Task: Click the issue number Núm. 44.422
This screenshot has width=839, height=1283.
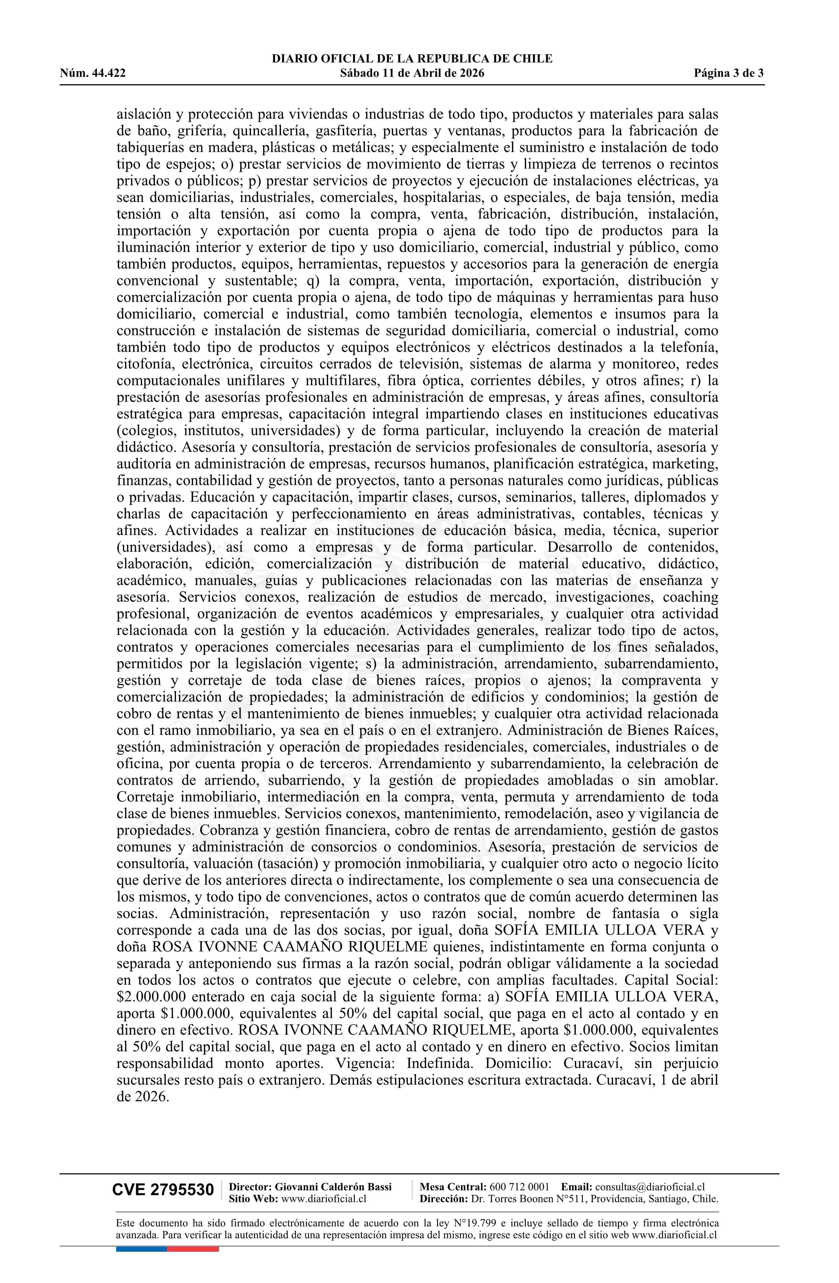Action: point(93,73)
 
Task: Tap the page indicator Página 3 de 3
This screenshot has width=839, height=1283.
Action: point(729,73)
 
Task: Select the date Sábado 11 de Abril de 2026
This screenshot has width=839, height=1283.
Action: point(412,73)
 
